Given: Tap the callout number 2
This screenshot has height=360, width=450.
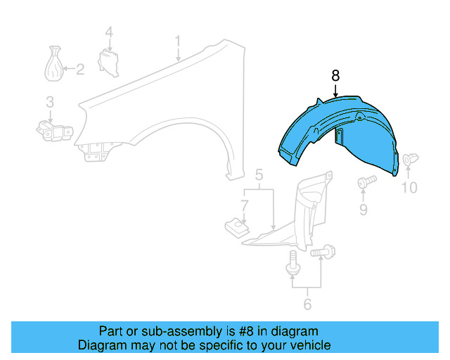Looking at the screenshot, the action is point(79,69).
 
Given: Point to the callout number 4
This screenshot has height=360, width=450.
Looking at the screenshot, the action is point(109,32).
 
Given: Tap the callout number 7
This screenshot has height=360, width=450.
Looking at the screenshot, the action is point(244,205).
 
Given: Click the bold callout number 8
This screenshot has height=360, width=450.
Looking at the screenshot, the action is point(335,75).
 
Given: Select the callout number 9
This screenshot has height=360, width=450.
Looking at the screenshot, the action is point(364,209).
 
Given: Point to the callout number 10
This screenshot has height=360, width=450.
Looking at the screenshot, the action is point(409,187).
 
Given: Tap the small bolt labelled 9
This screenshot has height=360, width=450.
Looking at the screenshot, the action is point(364,182).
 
